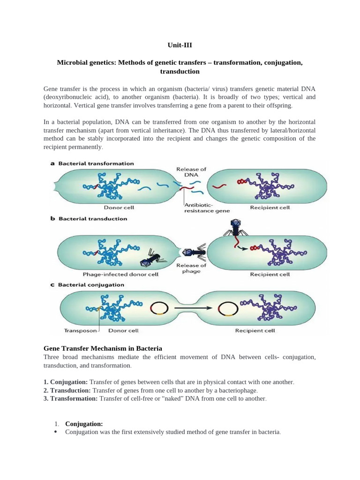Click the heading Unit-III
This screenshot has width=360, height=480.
[x=180, y=45]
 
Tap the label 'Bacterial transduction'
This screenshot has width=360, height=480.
[x=92, y=218]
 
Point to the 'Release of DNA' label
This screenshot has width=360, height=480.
[x=191, y=172]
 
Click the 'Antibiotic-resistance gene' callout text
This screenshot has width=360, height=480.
[x=207, y=207]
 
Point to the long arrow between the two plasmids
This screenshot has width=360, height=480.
[x=192, y=308]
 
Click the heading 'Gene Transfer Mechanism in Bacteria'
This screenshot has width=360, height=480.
[x=103, y=348]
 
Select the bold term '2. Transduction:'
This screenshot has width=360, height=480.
[x=67, y=390]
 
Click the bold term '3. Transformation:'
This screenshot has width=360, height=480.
[x=70, y=398]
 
